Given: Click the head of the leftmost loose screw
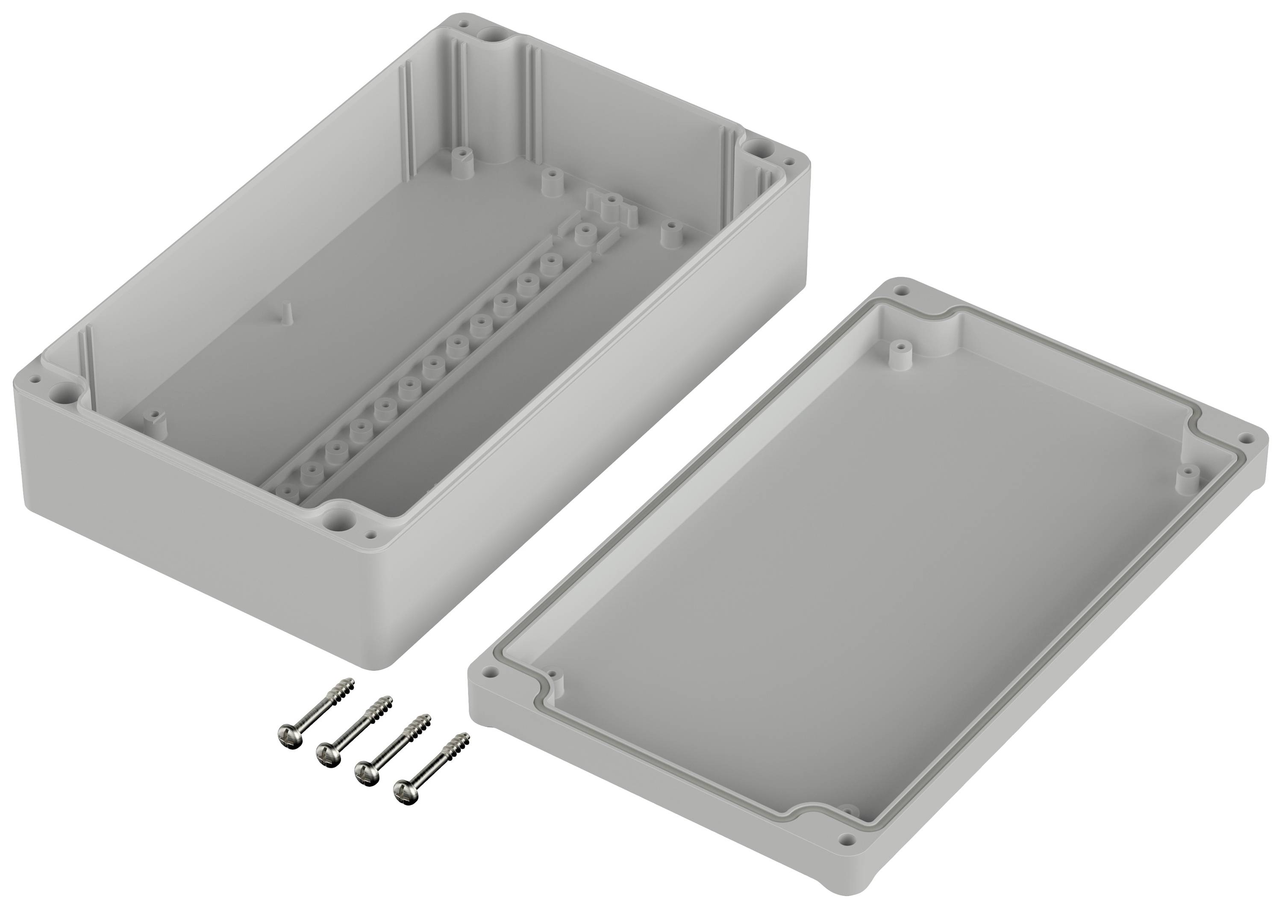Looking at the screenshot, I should pyautogui.click(x=290, y=734).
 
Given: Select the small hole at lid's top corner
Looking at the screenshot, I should pyautogui.click(x=900, y=292).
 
